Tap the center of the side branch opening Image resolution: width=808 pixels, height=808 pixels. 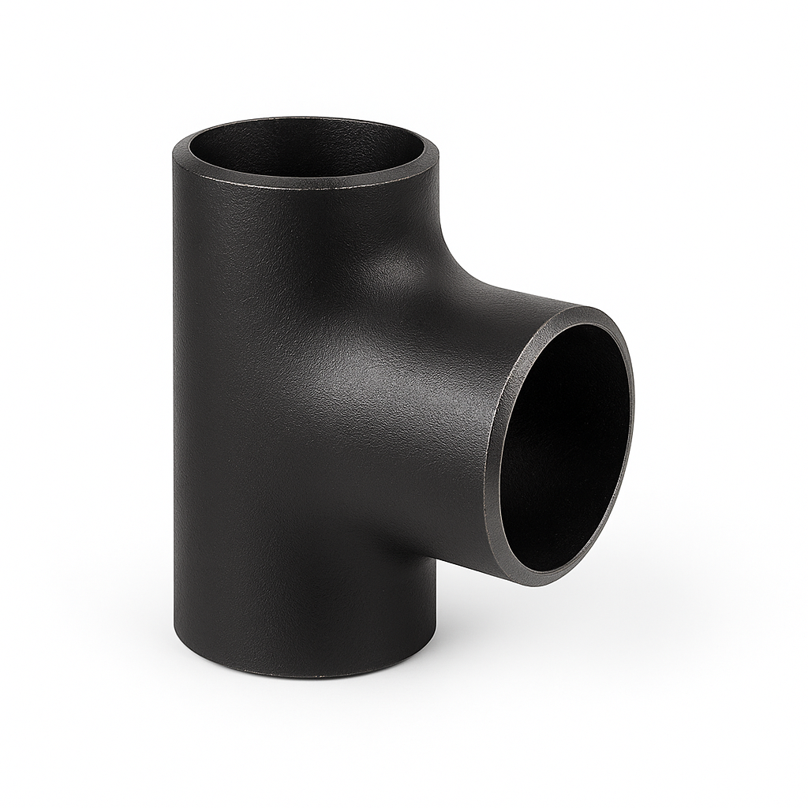[564, 447]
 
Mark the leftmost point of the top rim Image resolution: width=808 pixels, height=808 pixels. [174, 151]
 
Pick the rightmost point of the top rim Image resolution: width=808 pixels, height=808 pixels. [439, 151]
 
